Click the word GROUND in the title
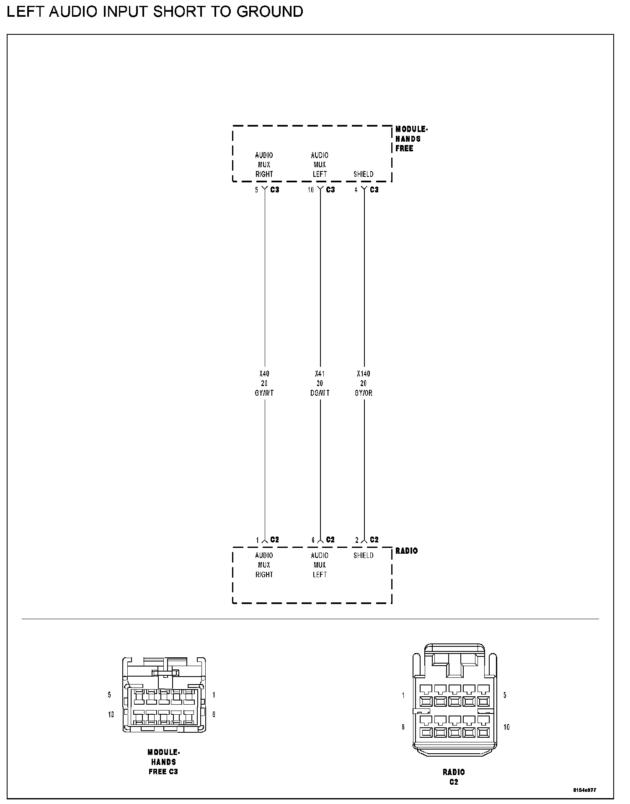coord(270,11)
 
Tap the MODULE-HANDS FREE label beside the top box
coord(411,139)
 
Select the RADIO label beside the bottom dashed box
coord(406,551)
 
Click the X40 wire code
coord(264,373)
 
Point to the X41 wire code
coord(320,373)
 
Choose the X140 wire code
coord(363,373)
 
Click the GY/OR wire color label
coord(363,393)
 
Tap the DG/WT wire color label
coord(320,393)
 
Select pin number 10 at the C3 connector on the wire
coord(310,190)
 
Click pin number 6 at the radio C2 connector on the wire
coord(313,540)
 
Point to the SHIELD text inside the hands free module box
coord(363,174)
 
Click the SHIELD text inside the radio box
coord(363,555)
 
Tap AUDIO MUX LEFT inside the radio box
coord(320,565)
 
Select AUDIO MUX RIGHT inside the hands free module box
coord(264,165)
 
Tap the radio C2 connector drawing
coord(454,700)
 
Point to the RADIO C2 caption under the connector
coord(454,777)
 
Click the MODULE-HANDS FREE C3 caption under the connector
coord(163,762)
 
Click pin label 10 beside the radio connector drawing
coord(506,727)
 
